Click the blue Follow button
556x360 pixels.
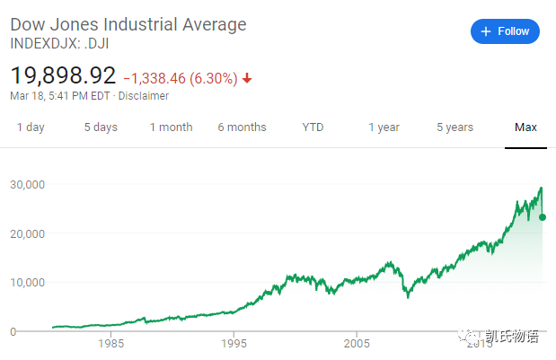(x=505, y=31)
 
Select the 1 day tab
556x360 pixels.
(x=31, y=127)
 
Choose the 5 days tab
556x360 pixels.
(x=101, y=127)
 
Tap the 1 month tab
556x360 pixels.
(x=171, y=127)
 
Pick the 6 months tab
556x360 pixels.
(x=242, y=127)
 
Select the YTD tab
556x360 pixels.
(x=313, y=127)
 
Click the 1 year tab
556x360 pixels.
(x=384, y=127)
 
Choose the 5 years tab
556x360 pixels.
(x=455, y=127)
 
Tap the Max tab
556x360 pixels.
(x=525, y=127)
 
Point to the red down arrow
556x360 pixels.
(x=248, y=78)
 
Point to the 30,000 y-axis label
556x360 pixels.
(x=27, y=185)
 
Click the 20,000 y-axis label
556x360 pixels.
(x=27, y=233)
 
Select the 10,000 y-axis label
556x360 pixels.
(x=27, y=283)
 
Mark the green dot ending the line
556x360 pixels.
(x=543, y=217)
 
